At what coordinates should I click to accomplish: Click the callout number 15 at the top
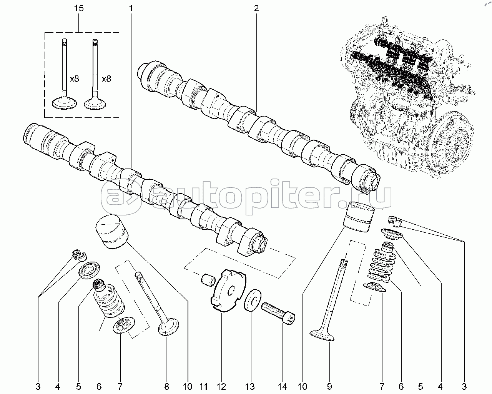click(79, 8)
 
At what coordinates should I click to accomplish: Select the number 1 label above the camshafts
click(131, 8)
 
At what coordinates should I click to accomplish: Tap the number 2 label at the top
click(256, 8)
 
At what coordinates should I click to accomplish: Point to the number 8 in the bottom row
click(167, 387)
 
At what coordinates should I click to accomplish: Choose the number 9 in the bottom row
click(329, 387)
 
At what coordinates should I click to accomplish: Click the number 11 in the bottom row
click(203, 387)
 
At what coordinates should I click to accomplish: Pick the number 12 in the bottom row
click(221, 387)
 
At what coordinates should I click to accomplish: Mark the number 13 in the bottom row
click(250, 387)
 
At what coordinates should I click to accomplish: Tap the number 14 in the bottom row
click(283, 387)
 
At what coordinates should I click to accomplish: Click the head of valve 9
click(322, 336)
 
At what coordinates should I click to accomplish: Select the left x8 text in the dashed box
click(74, 79)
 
